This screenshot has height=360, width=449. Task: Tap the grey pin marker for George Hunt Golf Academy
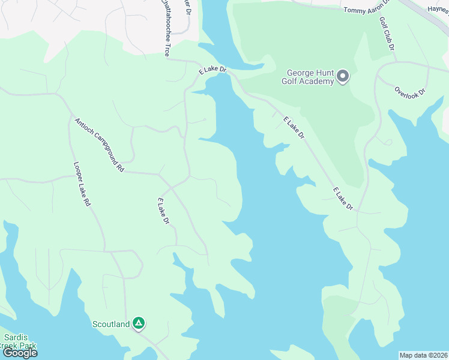tap(343, 76)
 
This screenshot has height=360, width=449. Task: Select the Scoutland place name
tap(111, 325)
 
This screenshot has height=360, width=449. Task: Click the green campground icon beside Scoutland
tap(139, 324)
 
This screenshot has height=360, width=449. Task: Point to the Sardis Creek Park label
tap(18, 341)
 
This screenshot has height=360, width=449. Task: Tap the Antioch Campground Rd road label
tap(99, 145)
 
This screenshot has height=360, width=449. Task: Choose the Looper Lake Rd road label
tap(82, 184)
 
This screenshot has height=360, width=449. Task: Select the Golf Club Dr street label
tap(387, 33)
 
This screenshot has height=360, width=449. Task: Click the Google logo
tap(20, 353)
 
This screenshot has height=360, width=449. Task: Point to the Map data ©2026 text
tap(424, 355)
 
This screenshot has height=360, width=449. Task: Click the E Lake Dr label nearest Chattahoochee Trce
tap(213, 70)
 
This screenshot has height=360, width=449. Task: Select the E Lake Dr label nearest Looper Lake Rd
tap(163, 211)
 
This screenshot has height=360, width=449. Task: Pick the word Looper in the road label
tap(79, 173)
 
